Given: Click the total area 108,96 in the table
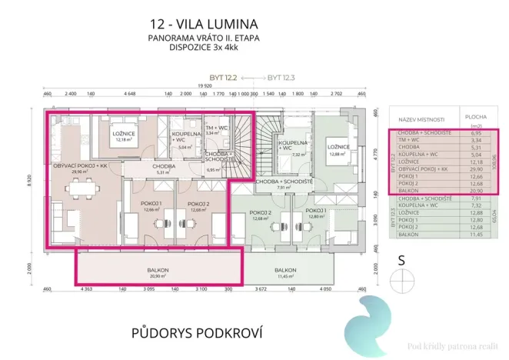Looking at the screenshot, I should pos(494,162).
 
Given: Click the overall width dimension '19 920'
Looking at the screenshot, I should pos(204,87).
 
